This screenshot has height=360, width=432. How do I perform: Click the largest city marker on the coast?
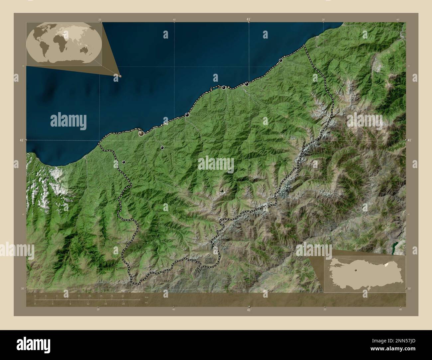tap(141, 133)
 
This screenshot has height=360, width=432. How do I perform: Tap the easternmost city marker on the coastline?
tap(281, 60)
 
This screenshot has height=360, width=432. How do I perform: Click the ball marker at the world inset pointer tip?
tap(120, 76)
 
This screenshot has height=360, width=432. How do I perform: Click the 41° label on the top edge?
tap(249, 19)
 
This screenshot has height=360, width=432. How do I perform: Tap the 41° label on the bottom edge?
tap(249, 310)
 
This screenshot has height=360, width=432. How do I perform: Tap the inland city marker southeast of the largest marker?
tap(162, 148)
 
